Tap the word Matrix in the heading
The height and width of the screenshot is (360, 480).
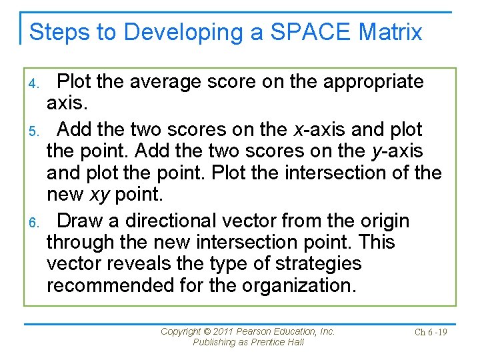(x=390, y=31)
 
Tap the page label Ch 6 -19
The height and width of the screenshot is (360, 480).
(x=431, y=332)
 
